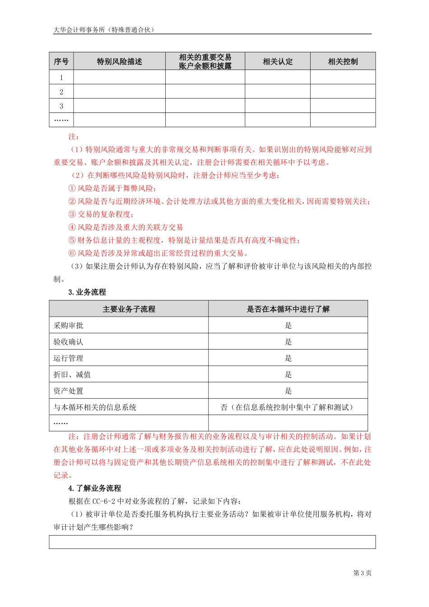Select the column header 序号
tap(61, 61)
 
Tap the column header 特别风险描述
tap(119, 61)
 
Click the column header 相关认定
tap(277, 61)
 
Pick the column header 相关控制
tap(343, 61)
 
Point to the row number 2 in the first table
tap(61, 92)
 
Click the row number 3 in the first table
tap(61, 106)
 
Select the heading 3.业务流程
tap(87, 292)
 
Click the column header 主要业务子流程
tap(129, 309)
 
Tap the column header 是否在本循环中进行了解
tap(288, 309)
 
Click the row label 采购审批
tap(69, 326)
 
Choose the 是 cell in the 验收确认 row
tap(288, 342)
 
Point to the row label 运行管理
tap(69, 358)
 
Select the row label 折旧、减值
tap(72, 374)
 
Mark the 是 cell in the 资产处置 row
tap(288, 391)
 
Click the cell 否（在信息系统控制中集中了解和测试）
tap(288, 407)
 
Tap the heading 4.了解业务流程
tap(95, 488)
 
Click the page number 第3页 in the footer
tap(362, 573)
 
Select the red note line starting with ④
tap(126, 227)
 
